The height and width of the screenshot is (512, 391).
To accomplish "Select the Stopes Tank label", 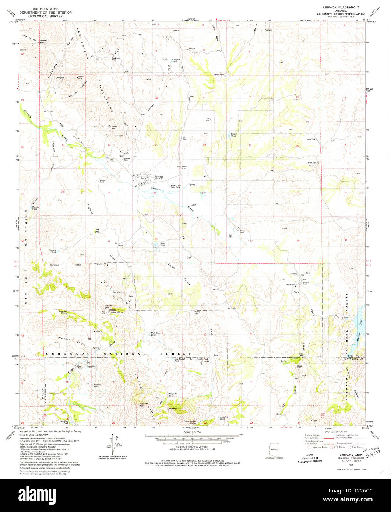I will [x=233, y=135].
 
